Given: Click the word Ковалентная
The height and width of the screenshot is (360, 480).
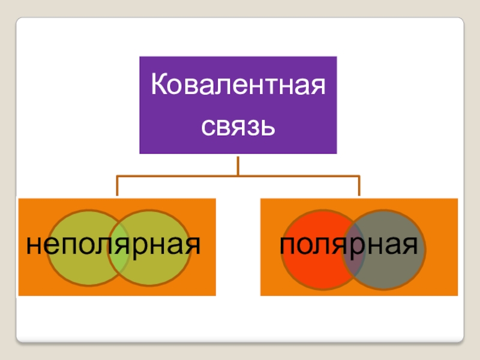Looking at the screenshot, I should [238, 85].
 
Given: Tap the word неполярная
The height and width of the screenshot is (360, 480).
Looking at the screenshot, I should [113, 245].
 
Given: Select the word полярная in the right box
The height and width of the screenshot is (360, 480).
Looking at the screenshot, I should [350, 245].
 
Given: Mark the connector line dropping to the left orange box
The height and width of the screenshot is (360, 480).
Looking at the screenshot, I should [118, 187].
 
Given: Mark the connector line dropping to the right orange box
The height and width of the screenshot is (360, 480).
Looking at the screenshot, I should [359, 187].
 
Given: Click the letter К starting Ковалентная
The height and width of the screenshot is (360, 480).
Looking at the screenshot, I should [158, 85].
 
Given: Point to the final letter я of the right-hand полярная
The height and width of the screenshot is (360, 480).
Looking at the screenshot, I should [413, 247].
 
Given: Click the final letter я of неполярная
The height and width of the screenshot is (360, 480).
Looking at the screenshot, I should [194, 247].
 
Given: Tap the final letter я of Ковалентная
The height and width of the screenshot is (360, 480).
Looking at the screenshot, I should [319, 86].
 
